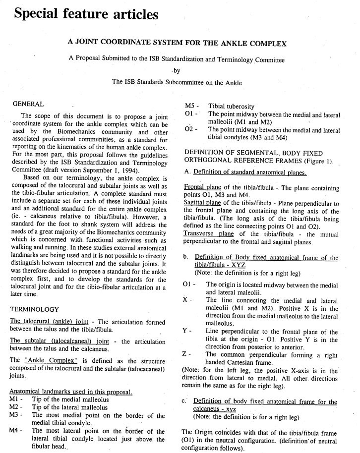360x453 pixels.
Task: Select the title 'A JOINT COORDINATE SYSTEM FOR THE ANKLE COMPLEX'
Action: [177, 44]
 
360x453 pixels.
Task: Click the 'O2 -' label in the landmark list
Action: [191, 130]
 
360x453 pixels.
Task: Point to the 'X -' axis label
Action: [187, 300]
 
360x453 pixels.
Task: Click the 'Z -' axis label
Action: [187, 355]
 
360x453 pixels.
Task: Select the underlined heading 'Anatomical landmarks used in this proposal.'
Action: [70, 391]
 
